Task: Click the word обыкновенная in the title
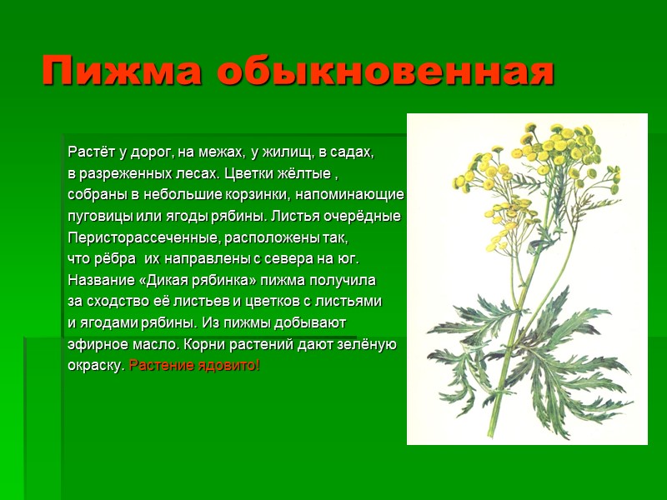[x=384, y=72]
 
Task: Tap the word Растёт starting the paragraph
[x=88, y=152]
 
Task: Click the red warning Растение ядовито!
[x=195, y=366]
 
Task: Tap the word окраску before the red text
[x=96, y=366]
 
